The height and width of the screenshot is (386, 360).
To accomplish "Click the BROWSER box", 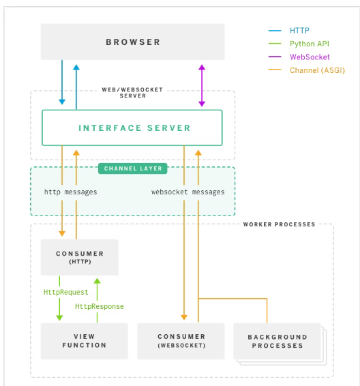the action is point(133,42).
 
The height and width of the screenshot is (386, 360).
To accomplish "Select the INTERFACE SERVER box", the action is point(132,128).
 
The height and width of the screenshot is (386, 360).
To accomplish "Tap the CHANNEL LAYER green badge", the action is point(133,168).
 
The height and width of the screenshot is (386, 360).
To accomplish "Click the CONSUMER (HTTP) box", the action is point(80,257).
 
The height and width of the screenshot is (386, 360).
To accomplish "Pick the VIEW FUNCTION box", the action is point(84,341).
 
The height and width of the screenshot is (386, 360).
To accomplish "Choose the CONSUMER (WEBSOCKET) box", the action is point(181,341).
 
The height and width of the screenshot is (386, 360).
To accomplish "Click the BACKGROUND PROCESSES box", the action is point(277,341).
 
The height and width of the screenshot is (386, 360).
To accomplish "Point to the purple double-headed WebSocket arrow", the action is point(202,85).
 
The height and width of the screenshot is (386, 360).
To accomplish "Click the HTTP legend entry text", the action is point(299,31).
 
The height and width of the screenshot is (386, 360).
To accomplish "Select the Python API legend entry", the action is point(310,44).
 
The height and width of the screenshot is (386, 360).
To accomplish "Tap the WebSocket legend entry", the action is point(310,57).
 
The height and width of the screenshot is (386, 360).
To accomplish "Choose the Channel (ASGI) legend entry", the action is point(317,70).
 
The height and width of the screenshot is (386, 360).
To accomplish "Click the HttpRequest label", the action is point(65,292).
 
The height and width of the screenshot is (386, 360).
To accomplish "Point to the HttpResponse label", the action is point(100,306).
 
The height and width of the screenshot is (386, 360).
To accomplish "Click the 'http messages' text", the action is point(71,192).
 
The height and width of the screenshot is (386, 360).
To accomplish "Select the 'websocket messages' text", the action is point(188,192).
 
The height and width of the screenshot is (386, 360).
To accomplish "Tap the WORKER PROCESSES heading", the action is point(279,224).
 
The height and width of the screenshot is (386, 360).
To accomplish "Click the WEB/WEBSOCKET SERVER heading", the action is point(132,93).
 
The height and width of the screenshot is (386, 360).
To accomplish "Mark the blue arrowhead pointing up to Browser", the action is point(76,68).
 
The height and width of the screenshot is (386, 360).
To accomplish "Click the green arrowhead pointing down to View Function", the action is point(59,318).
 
